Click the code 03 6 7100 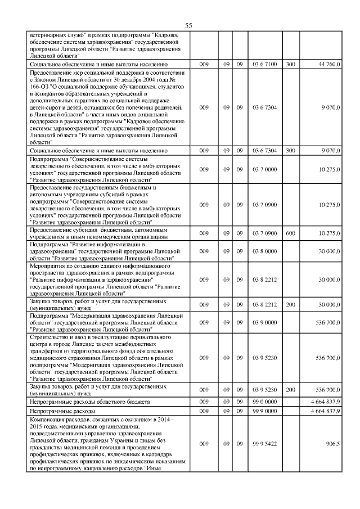point(264,65)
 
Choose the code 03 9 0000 point(264,323)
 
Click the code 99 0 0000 point(264,403)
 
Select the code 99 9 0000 point(264,412)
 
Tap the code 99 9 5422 point(264,444)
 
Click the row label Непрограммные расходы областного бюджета point(89,403)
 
